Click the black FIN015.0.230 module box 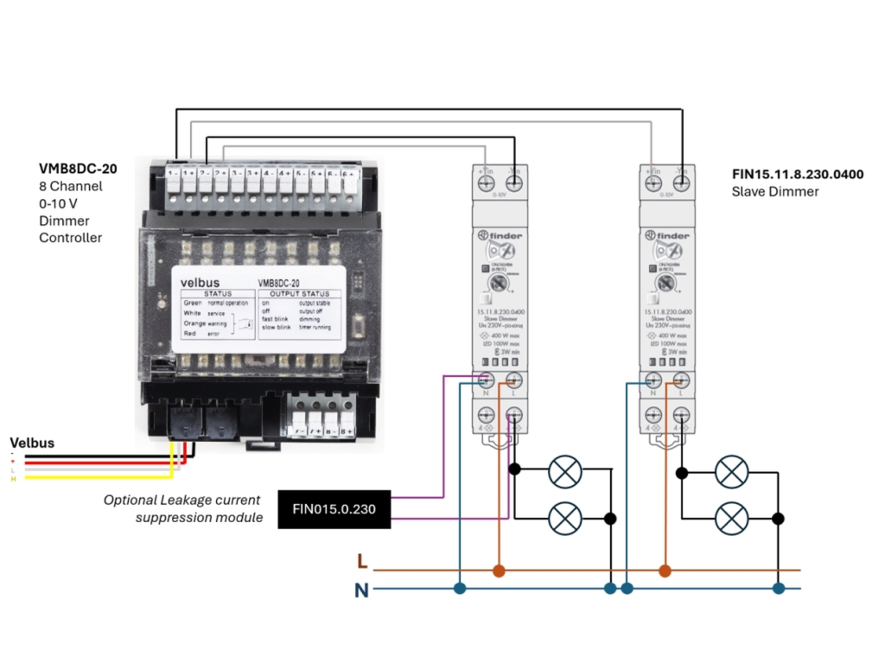(334, 509)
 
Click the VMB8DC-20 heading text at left (78, 169)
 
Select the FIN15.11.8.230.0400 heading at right (797, 175)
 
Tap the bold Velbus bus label (31, 443)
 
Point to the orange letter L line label (362, 563)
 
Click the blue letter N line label (361, 591)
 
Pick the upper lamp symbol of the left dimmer (565, 471)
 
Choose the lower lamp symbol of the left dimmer (565, 518)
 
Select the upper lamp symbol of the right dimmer (732, 472)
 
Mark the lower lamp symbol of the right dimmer (732, 518)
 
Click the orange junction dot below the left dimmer (498, 571)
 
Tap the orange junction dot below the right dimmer (665, 571)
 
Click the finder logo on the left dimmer (498, 235)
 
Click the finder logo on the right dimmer (665, 235)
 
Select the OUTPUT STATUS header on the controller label (299, 295)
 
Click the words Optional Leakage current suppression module (183, 508)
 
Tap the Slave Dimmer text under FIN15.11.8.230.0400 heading (774, 191)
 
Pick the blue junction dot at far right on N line (778, 589)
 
